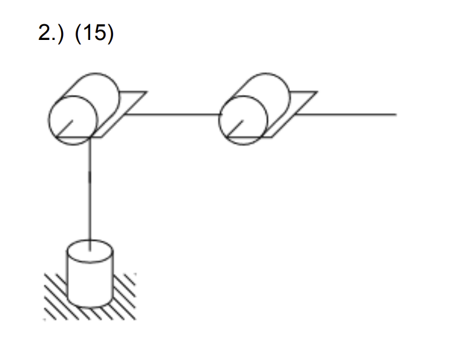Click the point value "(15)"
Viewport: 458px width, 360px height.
coord(94,33)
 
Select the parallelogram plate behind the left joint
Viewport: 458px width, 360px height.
coord(130,103)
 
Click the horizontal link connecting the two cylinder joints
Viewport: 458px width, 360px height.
coord(175,114)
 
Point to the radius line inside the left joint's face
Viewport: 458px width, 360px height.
coord(66,127)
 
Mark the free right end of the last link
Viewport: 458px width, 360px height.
coord(395,114)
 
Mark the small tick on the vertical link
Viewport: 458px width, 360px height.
coord(90,176)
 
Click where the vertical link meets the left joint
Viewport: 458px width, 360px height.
coord(90,139)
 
